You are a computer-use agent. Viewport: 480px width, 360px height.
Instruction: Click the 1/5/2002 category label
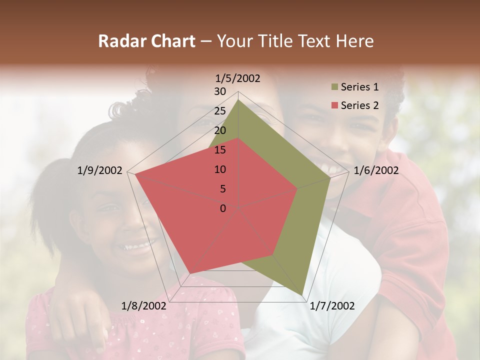click(x=238, y=78)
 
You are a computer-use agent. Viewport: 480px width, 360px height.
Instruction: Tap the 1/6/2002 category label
click(x=376, y=170)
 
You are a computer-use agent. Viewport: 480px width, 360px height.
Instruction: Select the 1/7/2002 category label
click(x=332, y=306)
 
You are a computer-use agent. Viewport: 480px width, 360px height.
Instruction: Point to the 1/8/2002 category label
click(x=144, y=306)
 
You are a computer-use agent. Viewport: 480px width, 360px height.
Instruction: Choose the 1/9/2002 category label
click(x=100, y=170)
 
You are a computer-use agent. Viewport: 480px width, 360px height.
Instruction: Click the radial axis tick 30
click(x=220, y=91)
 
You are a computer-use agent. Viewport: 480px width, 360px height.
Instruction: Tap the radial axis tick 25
click(x=220, y=111)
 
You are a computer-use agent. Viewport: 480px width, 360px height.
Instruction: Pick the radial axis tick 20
click(x=220, y=130)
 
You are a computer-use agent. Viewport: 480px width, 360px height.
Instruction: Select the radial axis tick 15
click(x=220, y=150)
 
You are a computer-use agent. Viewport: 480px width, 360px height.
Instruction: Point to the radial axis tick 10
click(x=220, y=169)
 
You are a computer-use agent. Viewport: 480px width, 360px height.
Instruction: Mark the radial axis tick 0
click(x=223, y=208)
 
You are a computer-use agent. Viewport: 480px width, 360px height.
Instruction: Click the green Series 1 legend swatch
click(x=335, y=87)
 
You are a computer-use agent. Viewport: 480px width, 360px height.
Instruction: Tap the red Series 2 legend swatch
click(x=335, y=105)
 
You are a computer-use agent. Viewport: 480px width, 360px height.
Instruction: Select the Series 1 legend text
click(x=359, y=87)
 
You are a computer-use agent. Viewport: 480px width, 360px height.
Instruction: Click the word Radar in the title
click(x=119, y=41)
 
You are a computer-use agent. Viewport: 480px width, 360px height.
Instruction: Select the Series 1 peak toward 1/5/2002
click(x=238, y=100)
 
